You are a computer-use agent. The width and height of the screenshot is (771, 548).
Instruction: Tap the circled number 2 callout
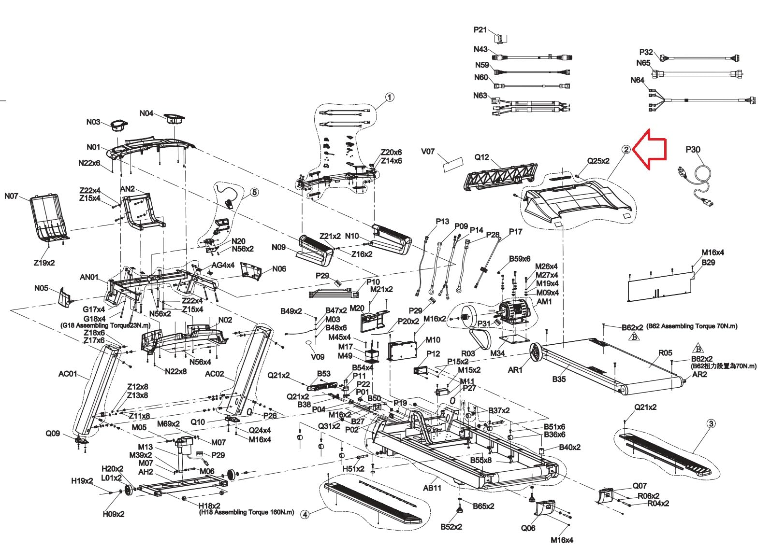pyautogui.click(x=626, y=149)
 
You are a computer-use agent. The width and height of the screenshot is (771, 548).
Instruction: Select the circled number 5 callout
pyautogui.click(x=254, y=192)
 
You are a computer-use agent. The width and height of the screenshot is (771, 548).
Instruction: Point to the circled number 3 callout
pyautogui.click(x=711, y=423)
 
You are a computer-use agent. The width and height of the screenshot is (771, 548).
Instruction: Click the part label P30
pyautogui.click(x=693, y=149)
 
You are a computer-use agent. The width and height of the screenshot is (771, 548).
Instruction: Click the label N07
pyautogui.click(x=11, y=196)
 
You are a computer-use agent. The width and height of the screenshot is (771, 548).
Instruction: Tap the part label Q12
pyautogui.click(x=481, y=157)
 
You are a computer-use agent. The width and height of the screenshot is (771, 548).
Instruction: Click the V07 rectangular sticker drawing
pyautogui.click(x=453, y=165)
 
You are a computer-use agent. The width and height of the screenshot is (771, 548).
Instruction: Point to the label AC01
pyautogui.click(x=68, y=374)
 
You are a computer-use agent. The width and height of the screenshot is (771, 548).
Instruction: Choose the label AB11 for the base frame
pyautogui.click(x=432, y=488)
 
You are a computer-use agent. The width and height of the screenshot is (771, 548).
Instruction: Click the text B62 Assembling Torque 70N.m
pyautogui.click(x=692, y=326)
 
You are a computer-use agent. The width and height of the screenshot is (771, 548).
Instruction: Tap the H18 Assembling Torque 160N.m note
pyautogui.click(x=247, y=512)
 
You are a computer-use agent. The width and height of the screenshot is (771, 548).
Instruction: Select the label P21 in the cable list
pyautogui.click(x=480, y=30)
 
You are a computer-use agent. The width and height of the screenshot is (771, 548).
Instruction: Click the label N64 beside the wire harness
pyautogui.click(x=637, y=80)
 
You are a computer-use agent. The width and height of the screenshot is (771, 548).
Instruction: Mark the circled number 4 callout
pyautogui.click(x=305, y=515)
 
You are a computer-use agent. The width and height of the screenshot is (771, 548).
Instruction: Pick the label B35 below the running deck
pyautogui.click(x=559, y=379)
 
